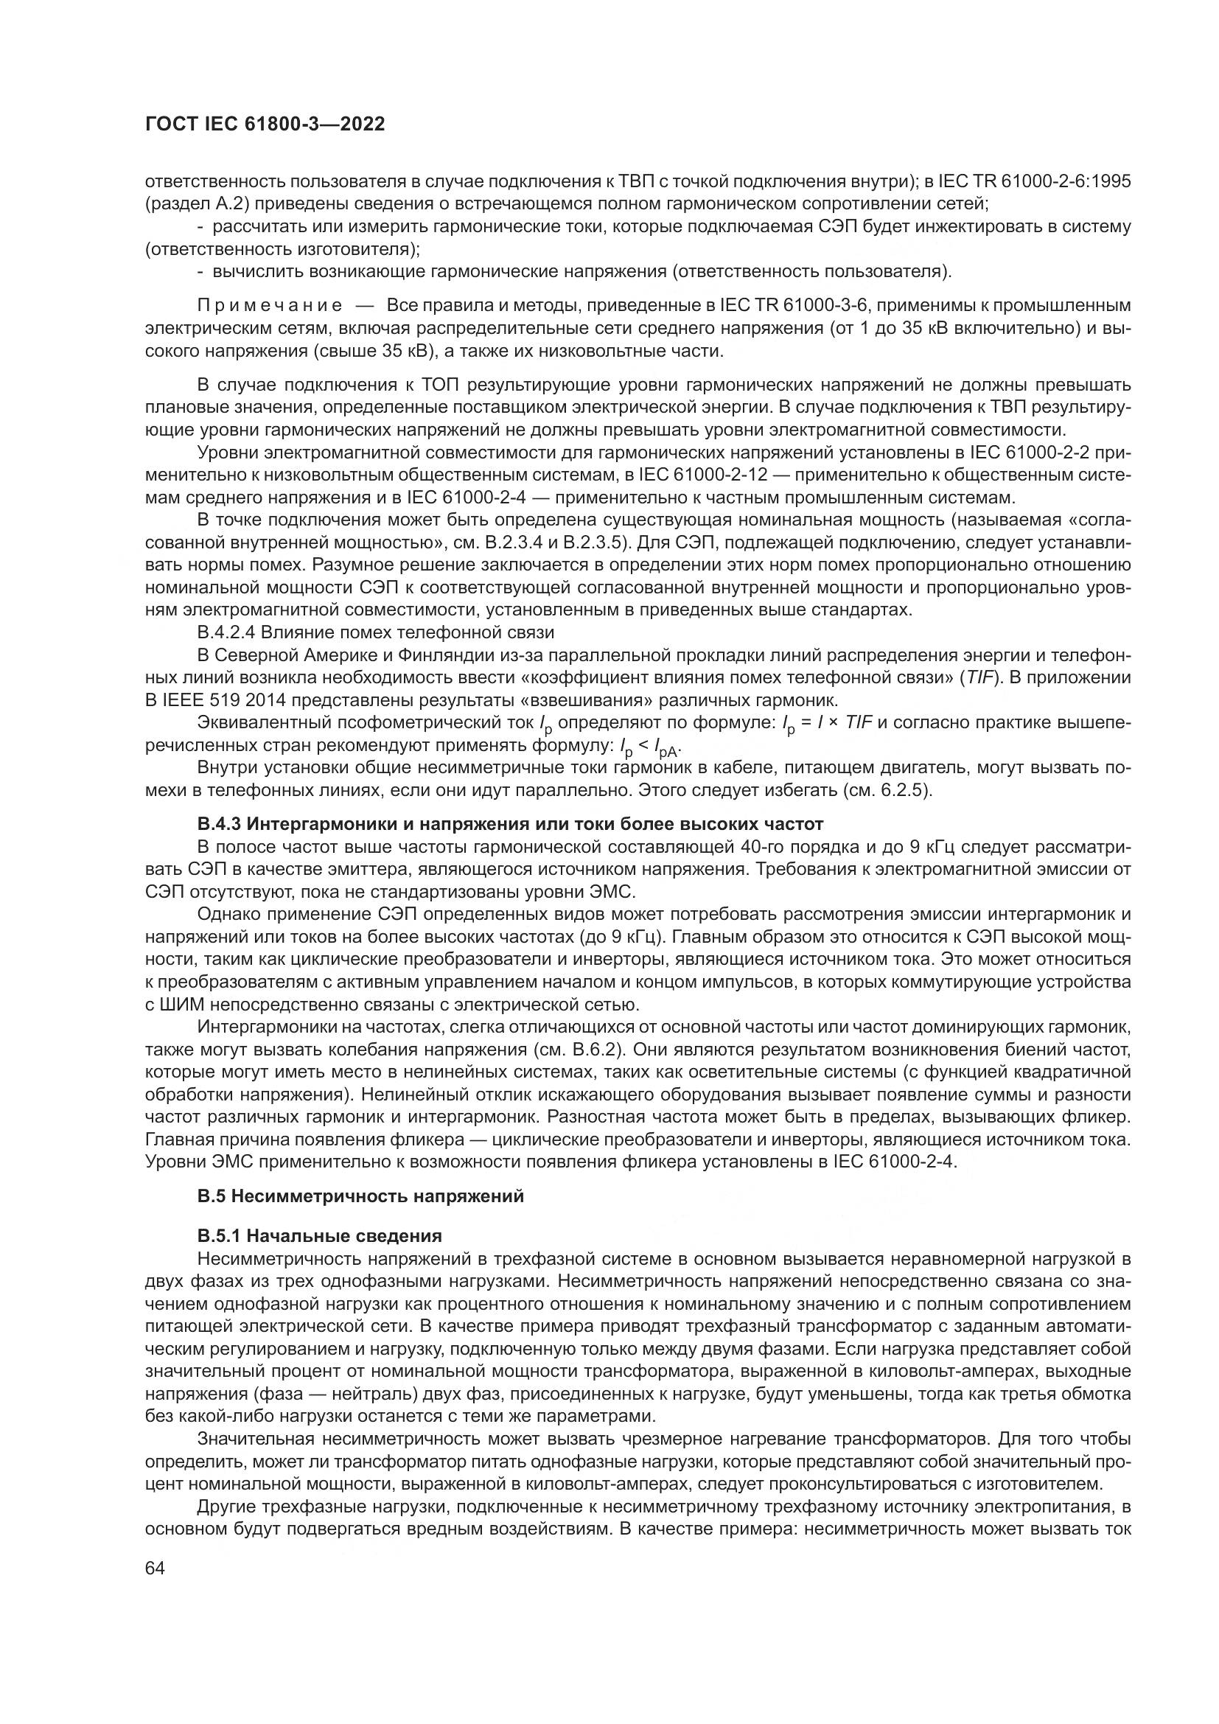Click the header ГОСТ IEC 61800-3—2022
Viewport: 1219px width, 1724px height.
click(x=265, y=125)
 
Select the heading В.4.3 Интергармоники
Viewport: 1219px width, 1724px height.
click(x=511, y=825)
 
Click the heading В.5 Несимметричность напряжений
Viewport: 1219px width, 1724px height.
click(x=360, y=1197)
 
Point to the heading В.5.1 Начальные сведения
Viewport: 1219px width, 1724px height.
click(x=319, y=1236)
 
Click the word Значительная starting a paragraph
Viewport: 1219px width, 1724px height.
click(x=254, y=1439)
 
